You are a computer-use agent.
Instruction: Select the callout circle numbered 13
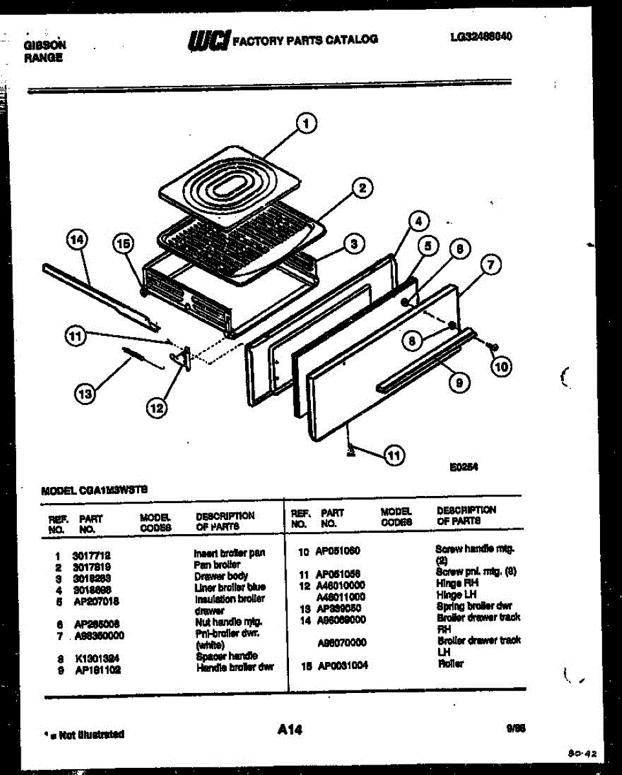point(84,392)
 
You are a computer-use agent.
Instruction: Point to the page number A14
point(290,730)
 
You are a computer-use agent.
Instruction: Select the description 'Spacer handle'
point(226,656)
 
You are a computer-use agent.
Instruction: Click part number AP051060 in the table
point(338,551)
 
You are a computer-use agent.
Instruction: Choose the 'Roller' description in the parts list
point(450,664)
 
